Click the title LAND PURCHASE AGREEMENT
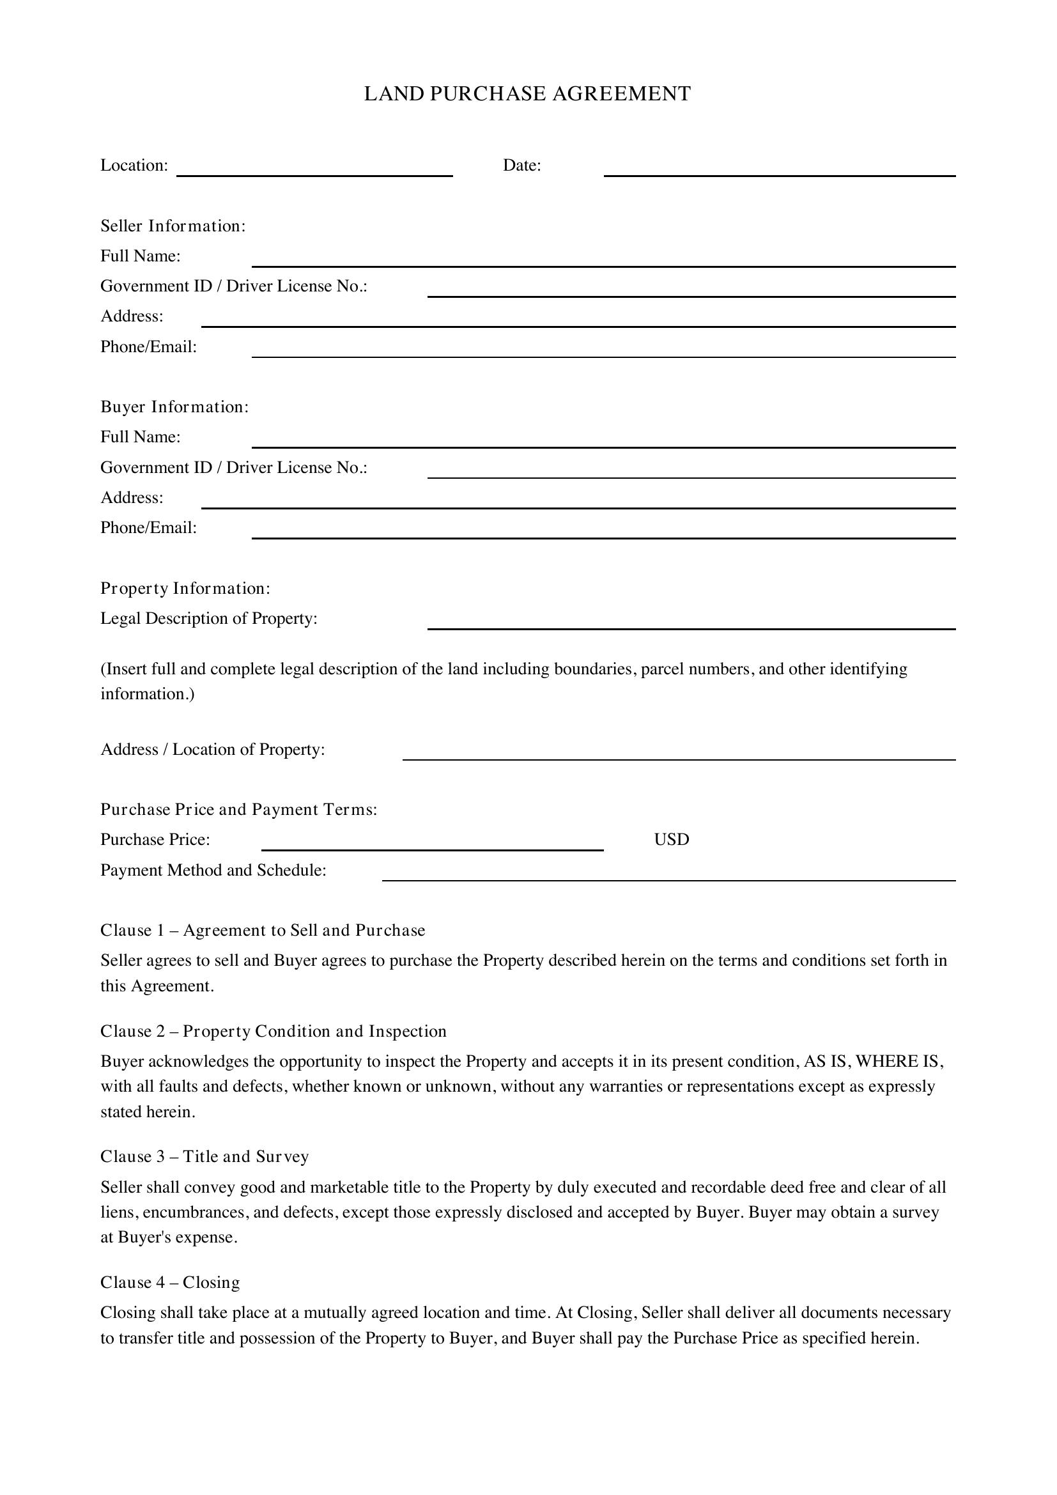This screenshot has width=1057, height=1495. coord(527,94)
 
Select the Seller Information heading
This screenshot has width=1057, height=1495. coord(173,226)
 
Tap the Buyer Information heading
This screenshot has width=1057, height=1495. coord(174,407)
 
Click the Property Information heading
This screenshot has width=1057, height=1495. coord(185,589)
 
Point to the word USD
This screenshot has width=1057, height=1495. coord(672,839)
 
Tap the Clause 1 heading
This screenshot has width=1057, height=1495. coord(263,931)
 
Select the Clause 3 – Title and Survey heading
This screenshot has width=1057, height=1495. coord(204,1157)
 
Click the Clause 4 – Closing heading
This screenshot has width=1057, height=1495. coord(170,1283)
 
